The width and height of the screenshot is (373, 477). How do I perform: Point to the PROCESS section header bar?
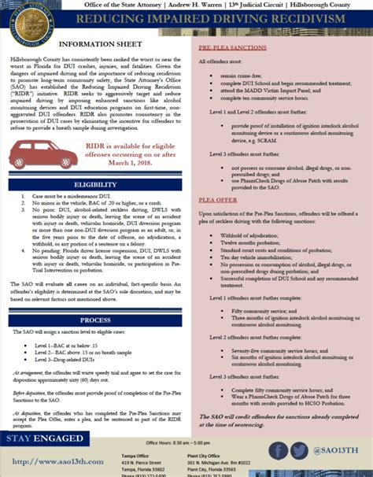pyautogui.click(x=94, y=321)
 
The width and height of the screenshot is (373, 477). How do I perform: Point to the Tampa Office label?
pyautogui.click(x=160, y=455)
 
